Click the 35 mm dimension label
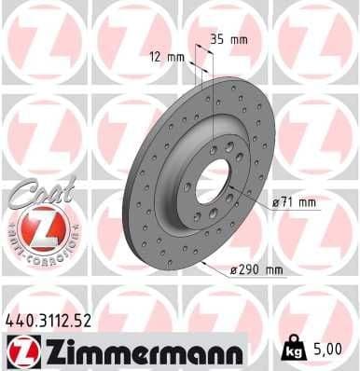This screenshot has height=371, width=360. click(228, 39)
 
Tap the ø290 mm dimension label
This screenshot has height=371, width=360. click(256, 270)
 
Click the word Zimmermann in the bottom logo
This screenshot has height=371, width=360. click(139, 351)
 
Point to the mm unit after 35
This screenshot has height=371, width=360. click(239, 39)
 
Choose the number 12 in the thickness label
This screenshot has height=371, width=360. click(155, 56)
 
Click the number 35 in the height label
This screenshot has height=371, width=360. click(216, 39)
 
